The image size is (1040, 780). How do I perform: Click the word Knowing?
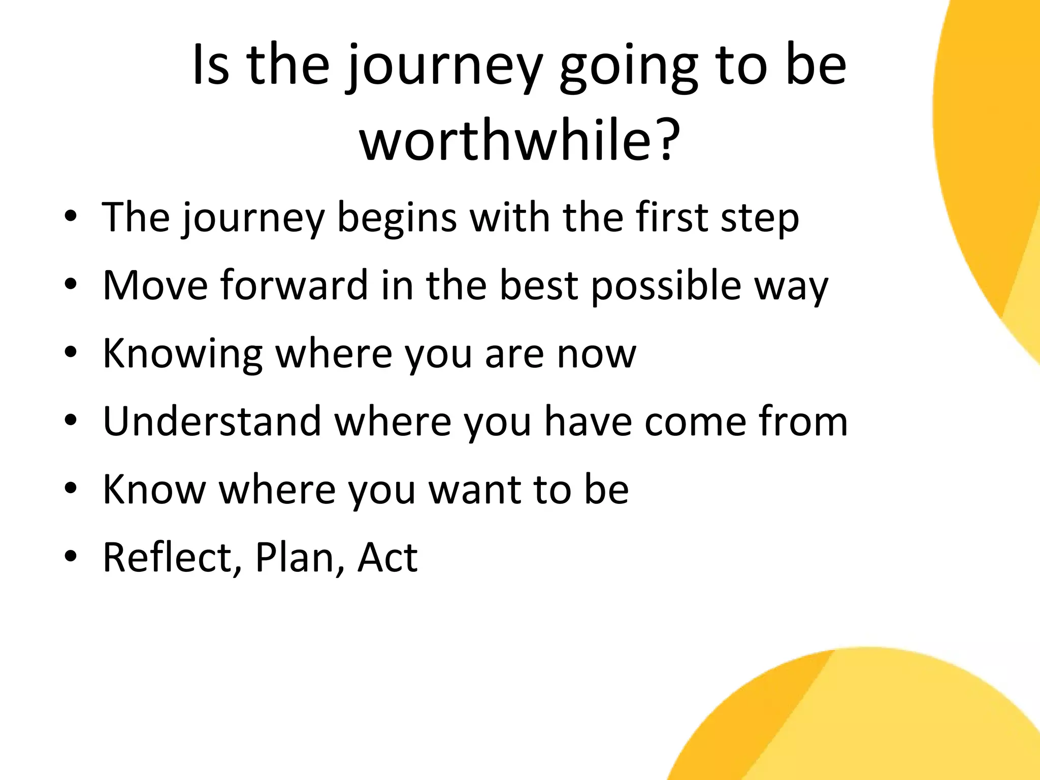pos(182,354)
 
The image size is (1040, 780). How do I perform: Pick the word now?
pos(596,354)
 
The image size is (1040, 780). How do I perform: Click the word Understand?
pos(212,421)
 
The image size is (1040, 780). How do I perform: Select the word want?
pos(474,490)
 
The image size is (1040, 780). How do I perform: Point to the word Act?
pos(387,558)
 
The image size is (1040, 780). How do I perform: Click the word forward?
pos(294,285)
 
